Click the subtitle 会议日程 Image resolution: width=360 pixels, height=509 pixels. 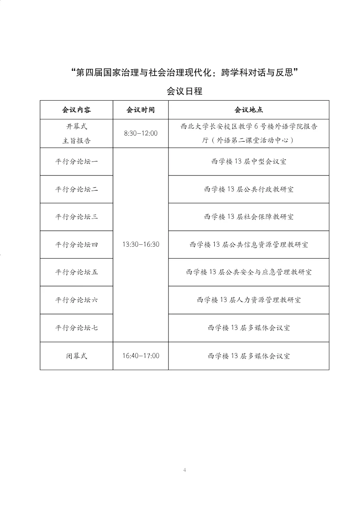tap(185, 91)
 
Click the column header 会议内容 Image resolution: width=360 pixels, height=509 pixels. tap(76, 110)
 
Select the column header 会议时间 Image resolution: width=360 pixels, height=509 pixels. tap(140, 110)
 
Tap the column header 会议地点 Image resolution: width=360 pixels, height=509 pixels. tap(249, 110)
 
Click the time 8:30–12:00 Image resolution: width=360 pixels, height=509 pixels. tap(140, 133)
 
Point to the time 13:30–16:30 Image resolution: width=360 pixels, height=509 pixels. tap(140, 244)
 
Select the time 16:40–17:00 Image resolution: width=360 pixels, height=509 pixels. tap(140, 356)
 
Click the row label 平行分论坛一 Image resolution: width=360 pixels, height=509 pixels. tap(76, 162)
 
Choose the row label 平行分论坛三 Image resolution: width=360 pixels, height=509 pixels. tap(76, 217)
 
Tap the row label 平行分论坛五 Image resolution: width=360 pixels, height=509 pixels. tap(76, 272)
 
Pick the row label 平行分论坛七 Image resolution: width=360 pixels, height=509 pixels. tap(76, 328)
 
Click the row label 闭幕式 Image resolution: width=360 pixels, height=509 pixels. tap(76, 356)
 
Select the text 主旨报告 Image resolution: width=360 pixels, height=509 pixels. tap(76, 140)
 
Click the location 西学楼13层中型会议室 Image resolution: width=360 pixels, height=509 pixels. tap(249, 162)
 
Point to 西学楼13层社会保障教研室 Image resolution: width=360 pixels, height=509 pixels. tap(249, 217)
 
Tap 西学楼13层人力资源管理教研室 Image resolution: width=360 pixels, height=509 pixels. tap(249, 300)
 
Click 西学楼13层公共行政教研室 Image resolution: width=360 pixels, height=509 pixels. tap(249, 189)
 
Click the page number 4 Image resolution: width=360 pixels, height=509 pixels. tap(185, 470)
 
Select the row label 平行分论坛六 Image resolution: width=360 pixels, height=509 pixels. tap(76, 300)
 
